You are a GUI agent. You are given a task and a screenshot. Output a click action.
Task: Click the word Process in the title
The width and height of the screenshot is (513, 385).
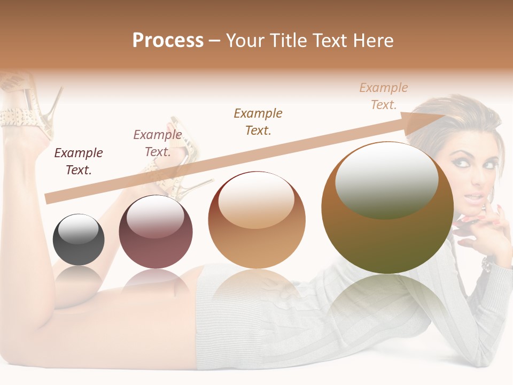click(x=168, y=41)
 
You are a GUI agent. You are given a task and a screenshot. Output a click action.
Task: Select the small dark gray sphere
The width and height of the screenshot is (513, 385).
click(x=79, y=240)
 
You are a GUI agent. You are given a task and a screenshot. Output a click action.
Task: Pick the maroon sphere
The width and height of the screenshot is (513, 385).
click(x=156, y=232)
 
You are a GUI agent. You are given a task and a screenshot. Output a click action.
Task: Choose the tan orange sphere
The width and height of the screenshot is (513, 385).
click(x=256, y=220)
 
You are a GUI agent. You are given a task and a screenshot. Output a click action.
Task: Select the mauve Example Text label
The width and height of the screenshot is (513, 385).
click(x=158, y=143)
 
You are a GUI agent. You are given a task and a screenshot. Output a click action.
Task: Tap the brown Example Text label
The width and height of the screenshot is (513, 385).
click(x=258, y=121)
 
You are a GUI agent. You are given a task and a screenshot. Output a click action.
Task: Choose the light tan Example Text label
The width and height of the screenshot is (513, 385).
click(x=384, y=96)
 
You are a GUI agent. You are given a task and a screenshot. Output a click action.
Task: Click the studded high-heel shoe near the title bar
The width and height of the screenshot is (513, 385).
click(x=27, y=107)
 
